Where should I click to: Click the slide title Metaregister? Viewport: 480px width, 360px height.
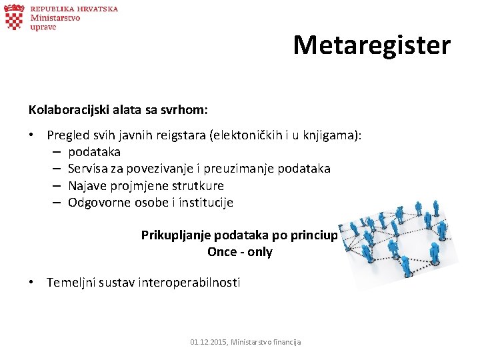371,45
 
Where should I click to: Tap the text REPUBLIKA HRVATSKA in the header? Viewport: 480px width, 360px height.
74,9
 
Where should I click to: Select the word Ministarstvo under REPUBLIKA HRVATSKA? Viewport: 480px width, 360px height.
55,18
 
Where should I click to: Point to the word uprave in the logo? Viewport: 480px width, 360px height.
43,28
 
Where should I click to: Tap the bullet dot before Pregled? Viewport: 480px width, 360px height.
32,135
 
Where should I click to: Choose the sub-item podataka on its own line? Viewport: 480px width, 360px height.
94,152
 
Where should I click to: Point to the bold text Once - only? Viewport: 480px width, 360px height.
239,252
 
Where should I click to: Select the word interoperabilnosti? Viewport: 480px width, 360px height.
189,282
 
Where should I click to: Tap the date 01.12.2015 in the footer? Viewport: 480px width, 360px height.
207,342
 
